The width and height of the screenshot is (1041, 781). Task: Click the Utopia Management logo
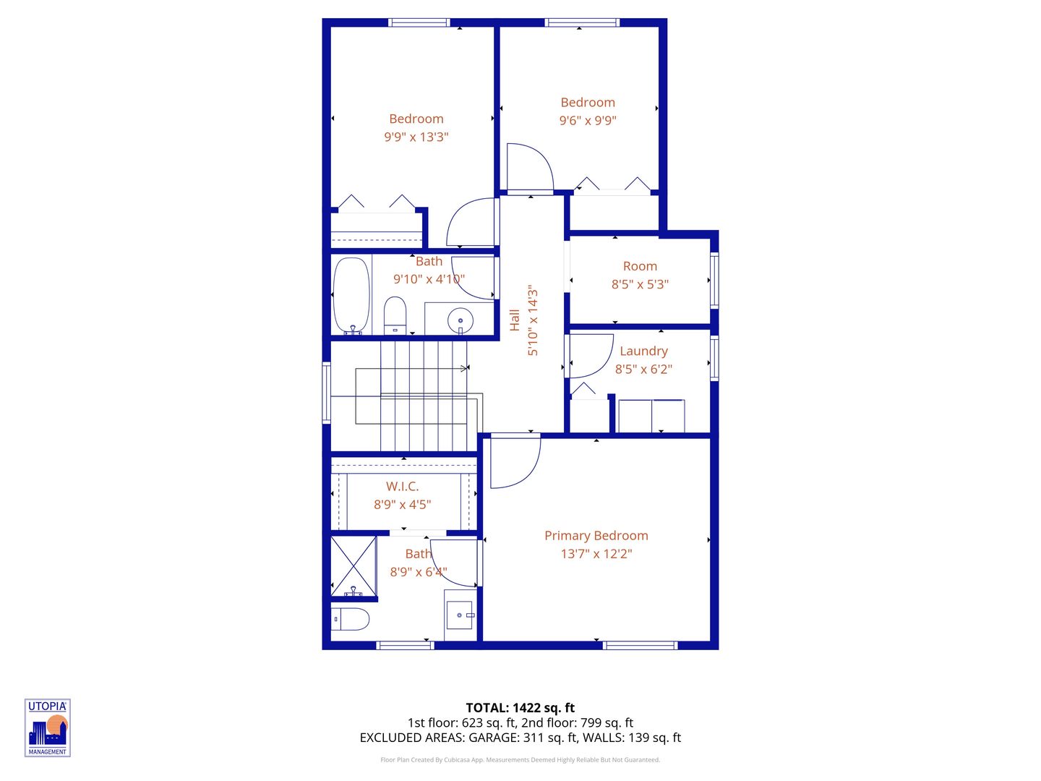(x=48, y=727)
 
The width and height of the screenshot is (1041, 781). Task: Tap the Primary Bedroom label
(x=596, y=536)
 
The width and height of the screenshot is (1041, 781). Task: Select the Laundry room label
(x=643, y=351)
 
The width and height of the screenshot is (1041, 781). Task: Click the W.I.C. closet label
(x=402, y=487)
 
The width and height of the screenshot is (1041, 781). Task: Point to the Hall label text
(x=515, y=320)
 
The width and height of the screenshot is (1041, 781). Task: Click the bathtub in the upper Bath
(x=351, y=296)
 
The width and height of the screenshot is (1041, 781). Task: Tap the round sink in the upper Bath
(x=460, y=320)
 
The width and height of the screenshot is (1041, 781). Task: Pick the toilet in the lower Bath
(x=351, y=619)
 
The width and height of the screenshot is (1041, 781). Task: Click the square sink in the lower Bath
(x=459, y=615)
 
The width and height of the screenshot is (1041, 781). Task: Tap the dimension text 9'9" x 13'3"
(x=416, y=137)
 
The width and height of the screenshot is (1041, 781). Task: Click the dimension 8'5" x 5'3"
(x=640, y=284)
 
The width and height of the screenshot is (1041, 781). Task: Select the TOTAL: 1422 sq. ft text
(x=520, y=708)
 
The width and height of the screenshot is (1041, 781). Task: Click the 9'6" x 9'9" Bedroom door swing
(x=529, y=168)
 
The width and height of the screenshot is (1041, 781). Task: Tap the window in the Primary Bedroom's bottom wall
(x=640, y=645)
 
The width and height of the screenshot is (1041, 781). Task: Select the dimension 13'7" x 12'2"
(x=596, y=554)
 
